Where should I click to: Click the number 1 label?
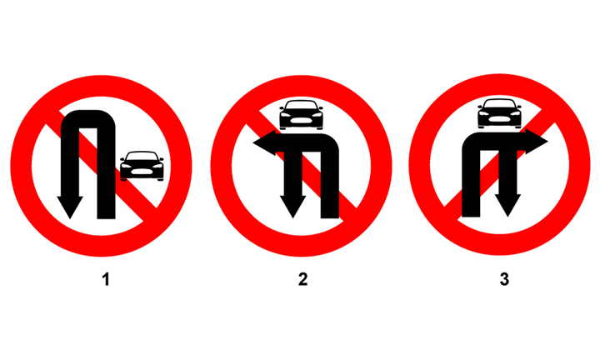[106, 279]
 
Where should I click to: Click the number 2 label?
[303, 279]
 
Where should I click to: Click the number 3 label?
[504, 279]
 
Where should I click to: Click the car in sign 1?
[142, 166]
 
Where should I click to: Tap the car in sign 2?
[301, 115]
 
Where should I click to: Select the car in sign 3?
[499, 113]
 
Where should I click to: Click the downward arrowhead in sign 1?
[70, 207]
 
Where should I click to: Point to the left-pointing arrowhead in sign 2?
[264, 142]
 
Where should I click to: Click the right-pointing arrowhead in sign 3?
[537, 142]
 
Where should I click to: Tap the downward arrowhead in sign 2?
[293, 207]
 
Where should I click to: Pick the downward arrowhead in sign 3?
[507, 206]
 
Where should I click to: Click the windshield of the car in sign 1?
[142, 156]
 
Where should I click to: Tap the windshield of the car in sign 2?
[301, 105]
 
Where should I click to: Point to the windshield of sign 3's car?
[499, 103]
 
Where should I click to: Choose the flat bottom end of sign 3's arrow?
[471, 215]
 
